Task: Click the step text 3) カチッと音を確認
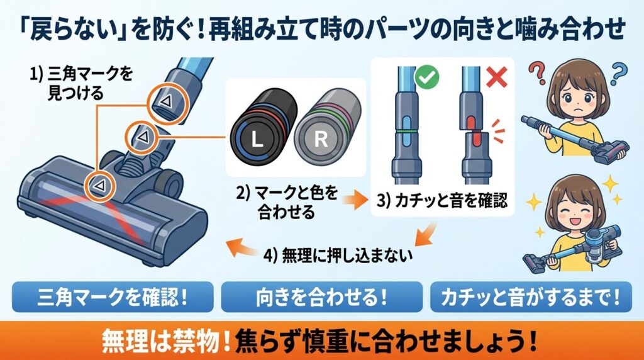[443, 203]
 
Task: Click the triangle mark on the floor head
[97, 184]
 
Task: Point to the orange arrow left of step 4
[241, 249]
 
